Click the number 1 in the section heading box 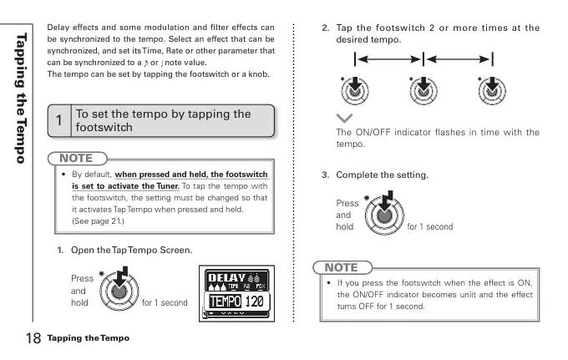[x=58, y=122]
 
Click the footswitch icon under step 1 [x=119, y=289]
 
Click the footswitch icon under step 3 [x=383, y=213]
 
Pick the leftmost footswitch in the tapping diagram [x=355, y=94]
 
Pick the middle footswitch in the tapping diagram [x=423, y=94]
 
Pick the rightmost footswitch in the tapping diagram [x=490, y=94]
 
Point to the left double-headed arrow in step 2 [x=389, y=59]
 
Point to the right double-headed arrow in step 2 [x=458, y=59]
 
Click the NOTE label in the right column [x=340, y=268]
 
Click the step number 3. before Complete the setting [x=327, y=175]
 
